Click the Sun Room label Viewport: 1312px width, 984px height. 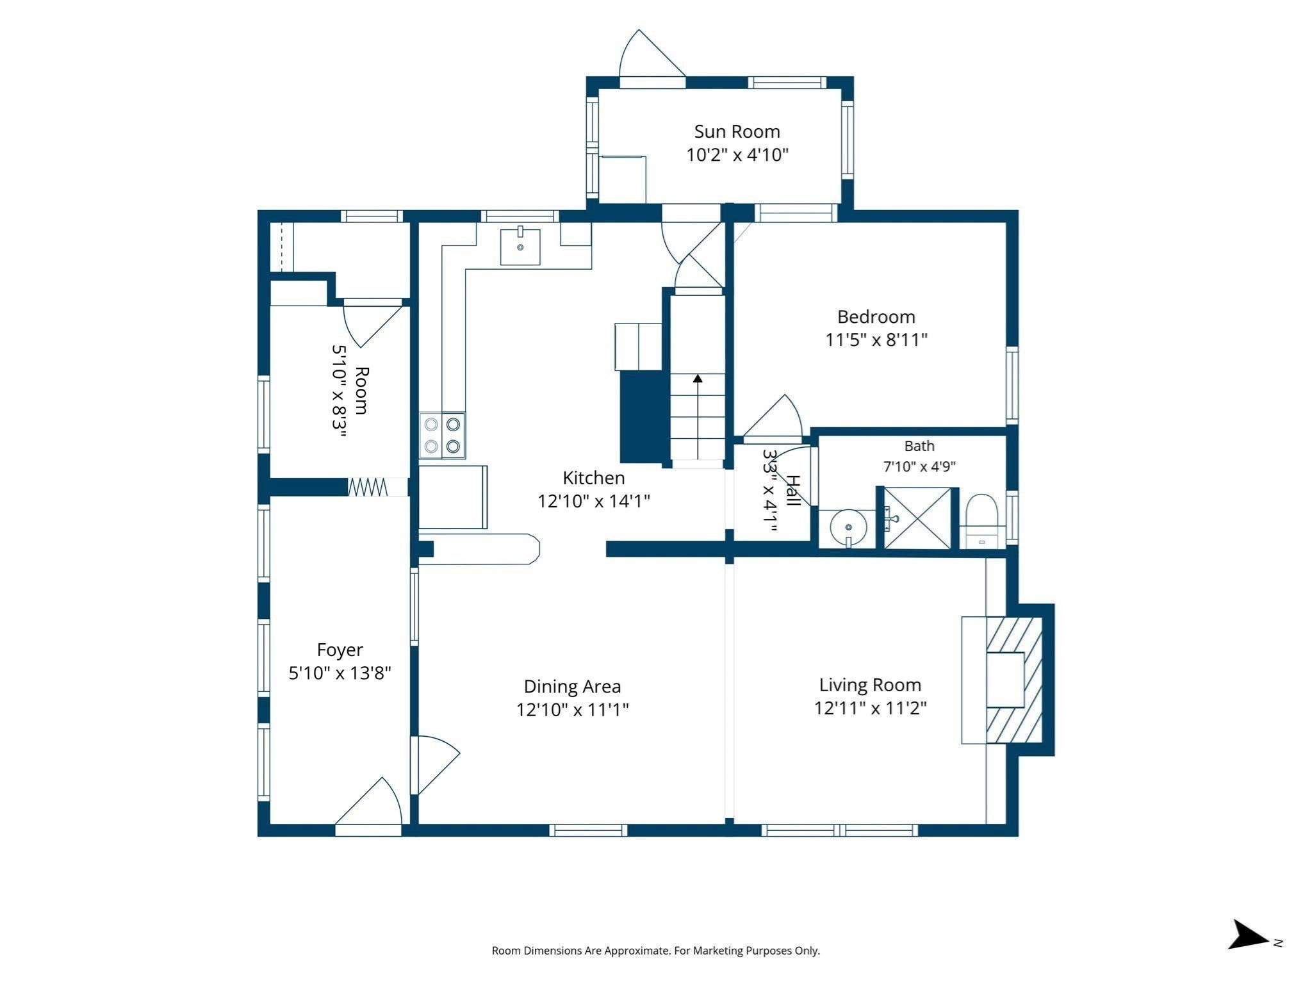pos(737,131)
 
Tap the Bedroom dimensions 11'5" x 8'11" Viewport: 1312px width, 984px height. pos(876,340)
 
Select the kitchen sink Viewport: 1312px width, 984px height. pos(520,245)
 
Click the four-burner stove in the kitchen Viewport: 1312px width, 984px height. pos(443,436)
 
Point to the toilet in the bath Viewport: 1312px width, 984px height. pos(982,521)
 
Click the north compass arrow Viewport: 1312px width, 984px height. pos(1249,953)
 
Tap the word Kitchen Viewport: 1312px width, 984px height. pos(593,478)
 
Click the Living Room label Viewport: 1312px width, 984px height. pos(870,685)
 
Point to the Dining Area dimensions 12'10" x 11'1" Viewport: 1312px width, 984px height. pos(573,710)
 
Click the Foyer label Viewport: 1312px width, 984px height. pos(340,650)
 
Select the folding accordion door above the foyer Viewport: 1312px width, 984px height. pos(368,487)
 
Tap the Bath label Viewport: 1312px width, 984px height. pos(919,446)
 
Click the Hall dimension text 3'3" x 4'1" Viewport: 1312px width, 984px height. pos(771,490)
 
